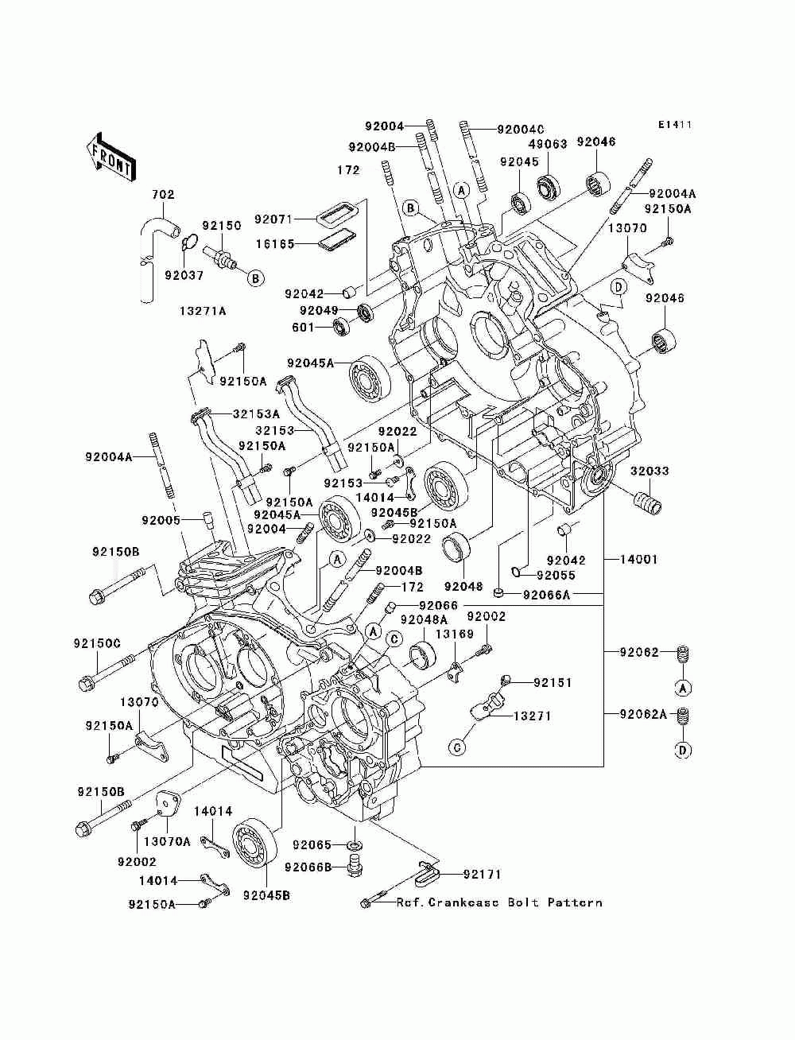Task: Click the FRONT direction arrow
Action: coord(111,157)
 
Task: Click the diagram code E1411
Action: coord(675,125)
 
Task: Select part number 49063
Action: coord(547,144)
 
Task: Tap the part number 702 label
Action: coord(163,194)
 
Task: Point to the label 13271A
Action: coord(203,311)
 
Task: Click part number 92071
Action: coord(273,219)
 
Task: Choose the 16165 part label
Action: coord(275,243)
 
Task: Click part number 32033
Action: coord(649,471)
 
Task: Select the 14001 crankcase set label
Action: coord(638,560)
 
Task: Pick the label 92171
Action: coord(482,874)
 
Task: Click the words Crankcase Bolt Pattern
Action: coord(515,902)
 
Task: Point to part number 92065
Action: coord(312,844)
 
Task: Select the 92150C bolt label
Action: coord(97,643)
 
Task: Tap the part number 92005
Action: coord(161,520)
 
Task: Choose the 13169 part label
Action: coord(455,634)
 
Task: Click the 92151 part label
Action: coord(553,682)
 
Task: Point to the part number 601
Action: coord(303,327)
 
